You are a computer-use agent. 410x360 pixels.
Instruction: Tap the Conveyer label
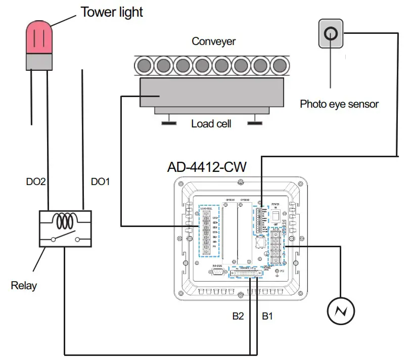[213, 41]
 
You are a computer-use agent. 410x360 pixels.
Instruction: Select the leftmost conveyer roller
[144, 65]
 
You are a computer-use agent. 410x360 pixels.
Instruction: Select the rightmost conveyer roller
[279, 65]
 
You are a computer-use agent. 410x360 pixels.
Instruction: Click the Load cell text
[211, 123]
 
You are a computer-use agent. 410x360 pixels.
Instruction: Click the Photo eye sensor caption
[339, 104]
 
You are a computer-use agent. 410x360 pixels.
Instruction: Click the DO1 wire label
[100, 181]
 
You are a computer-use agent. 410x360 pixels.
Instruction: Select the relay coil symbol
[66, 221]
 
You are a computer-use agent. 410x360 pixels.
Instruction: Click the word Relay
[24, 286]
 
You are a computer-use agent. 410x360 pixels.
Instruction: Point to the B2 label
[238, 317]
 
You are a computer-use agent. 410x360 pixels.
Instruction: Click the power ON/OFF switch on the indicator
[276, 216]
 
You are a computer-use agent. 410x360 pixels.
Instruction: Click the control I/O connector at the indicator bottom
[248, 273]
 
